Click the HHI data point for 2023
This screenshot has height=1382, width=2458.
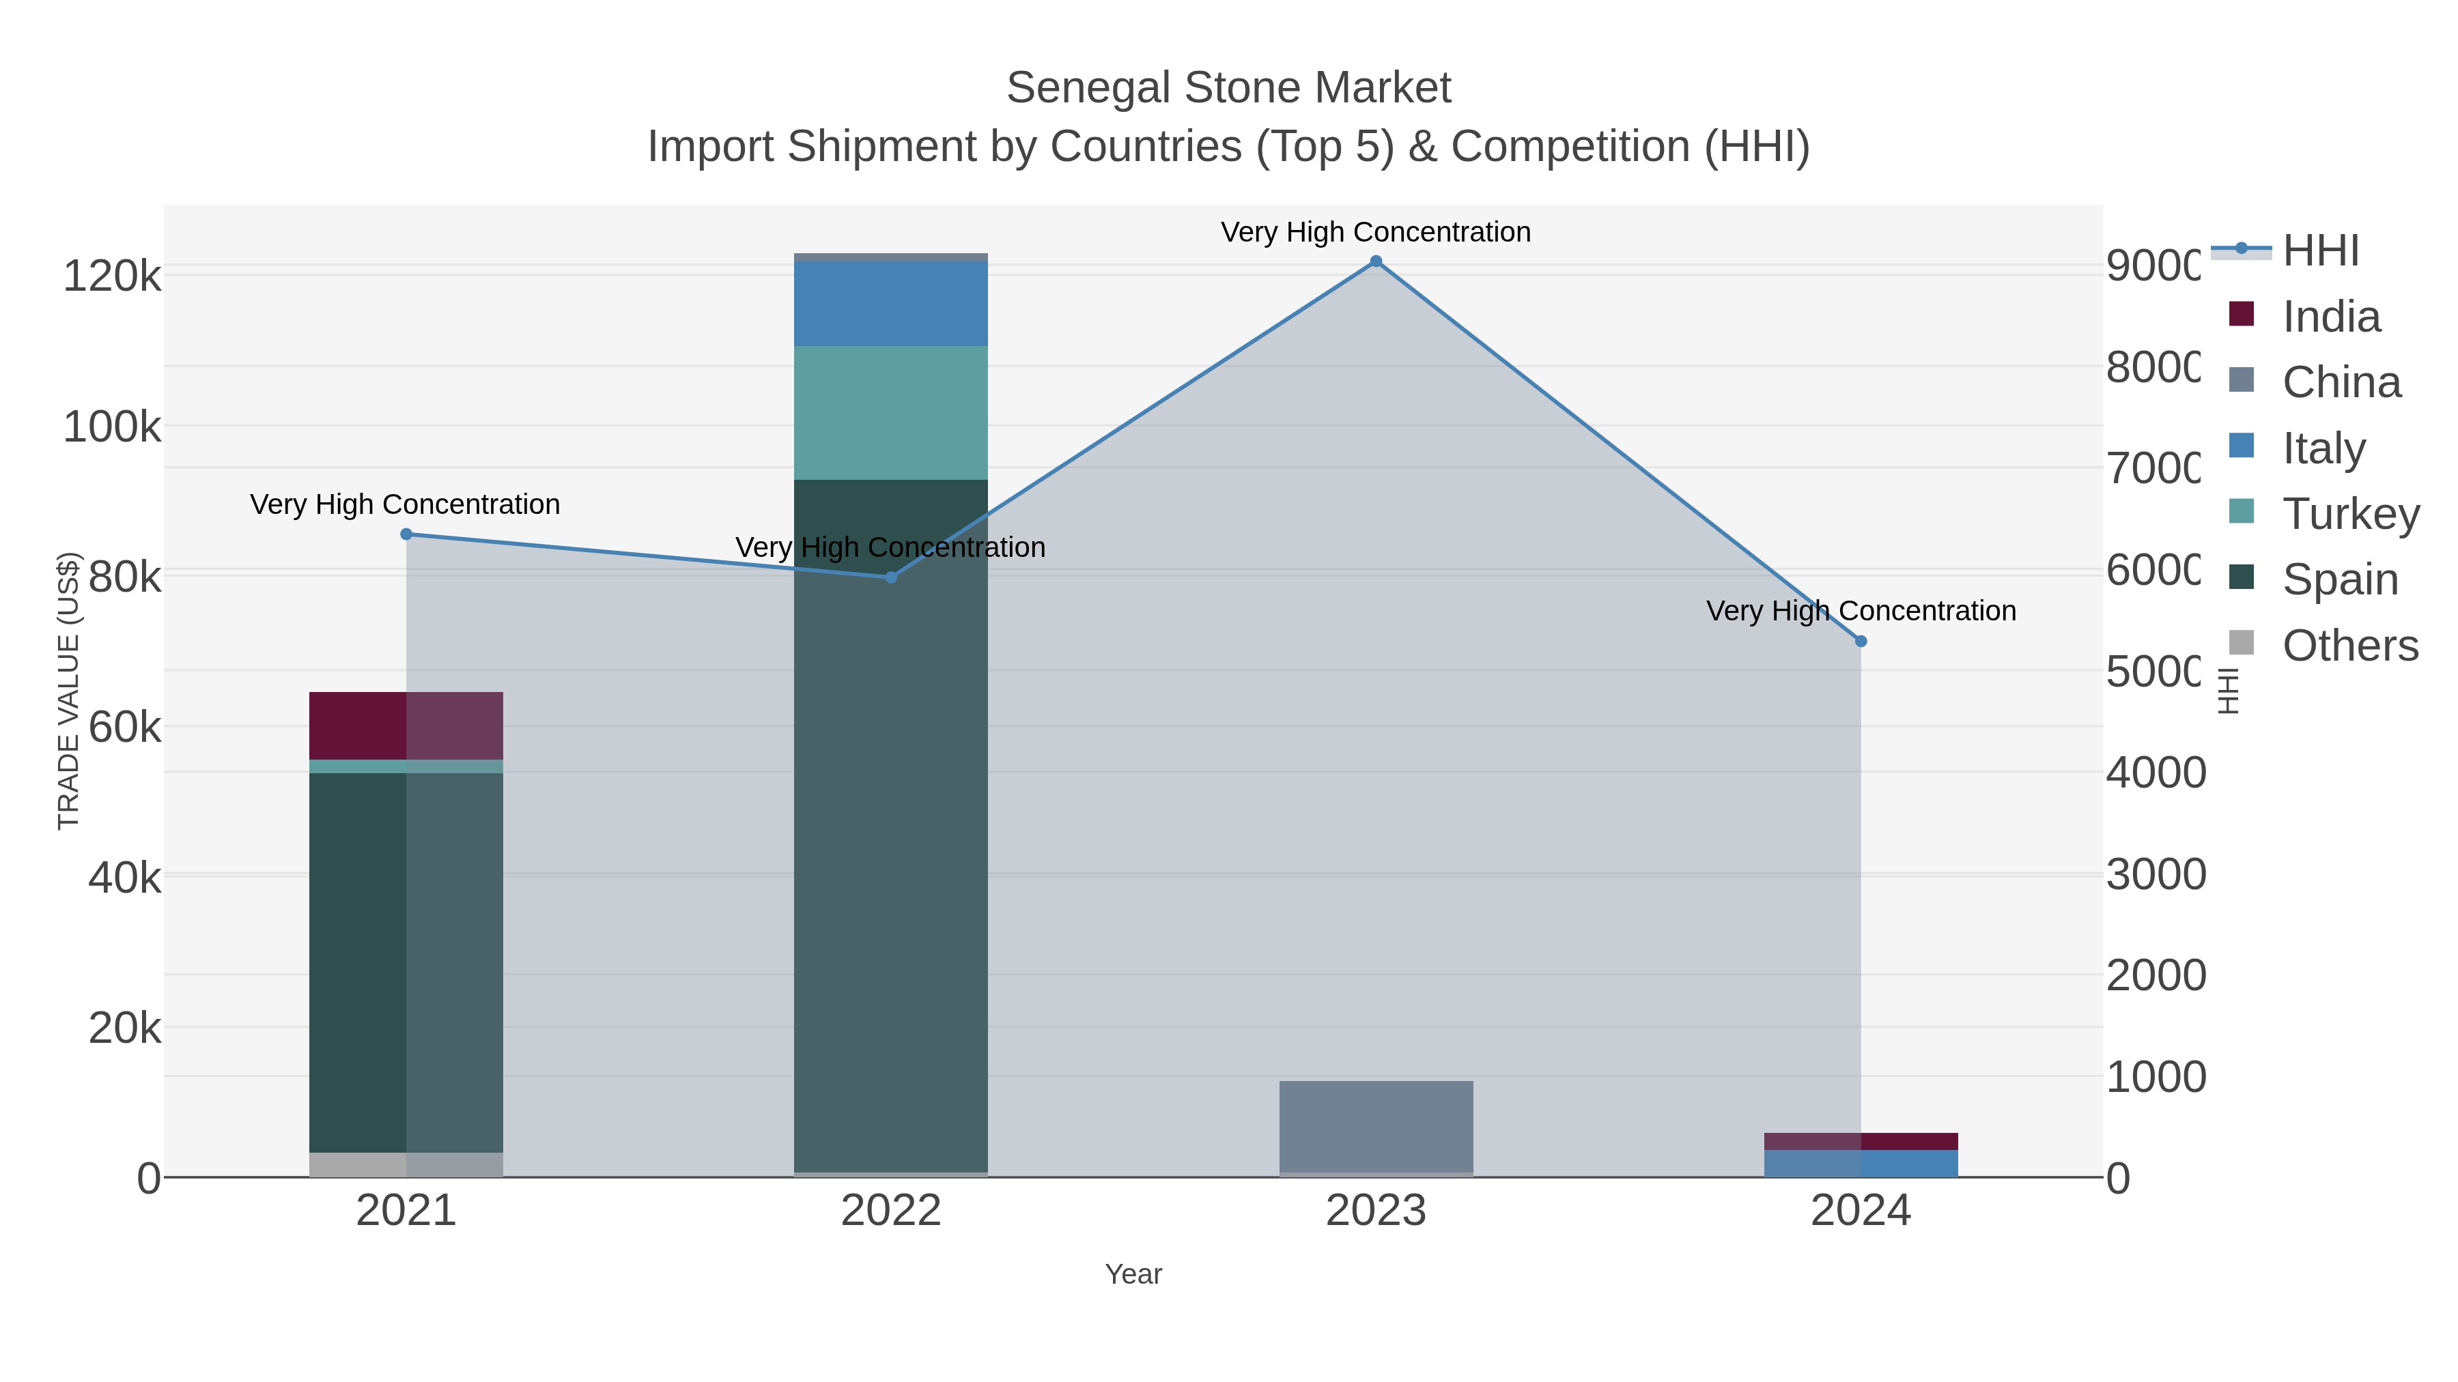pyautogui.click(x=1375, y=261)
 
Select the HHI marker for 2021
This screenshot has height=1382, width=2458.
pyautogui.click(x=406, y=534)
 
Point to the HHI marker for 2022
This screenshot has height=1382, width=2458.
pyautogui.click(x=891, y=577)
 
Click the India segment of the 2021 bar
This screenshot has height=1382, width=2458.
pyautogui.click(x=406, y=726)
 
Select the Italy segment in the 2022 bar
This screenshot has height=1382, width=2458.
pyautogui.click(x=891, y=303)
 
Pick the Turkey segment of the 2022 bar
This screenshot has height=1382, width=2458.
pyautogui.click(x=891, y=412)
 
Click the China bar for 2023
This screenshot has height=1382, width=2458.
pyautogui.click(x=1375, y=1126)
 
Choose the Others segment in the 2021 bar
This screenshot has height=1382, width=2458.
pyautogui.click(x=406, y=1164)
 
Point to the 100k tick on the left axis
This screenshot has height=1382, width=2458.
pyautogui.click(x=112, y=427)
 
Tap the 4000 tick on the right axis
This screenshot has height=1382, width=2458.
pyautogui.click(x=2156, y=773)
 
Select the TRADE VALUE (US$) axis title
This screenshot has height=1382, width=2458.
pyautogui.click(x=69, y=691)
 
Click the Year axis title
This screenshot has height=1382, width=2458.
pyautogui.click(x=1133, y=1274)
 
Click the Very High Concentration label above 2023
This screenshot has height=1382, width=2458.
pyautogui.click(x=1375, y=232)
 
